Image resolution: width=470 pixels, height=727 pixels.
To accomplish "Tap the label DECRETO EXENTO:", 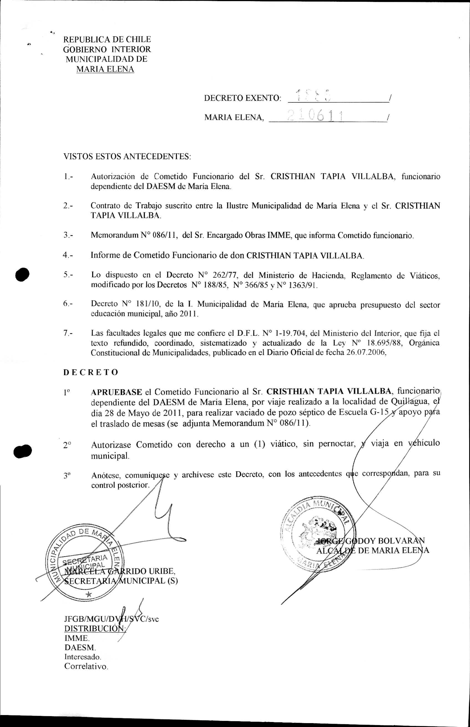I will click(242, 98).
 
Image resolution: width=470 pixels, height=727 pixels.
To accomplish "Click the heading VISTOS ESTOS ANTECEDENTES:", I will click(127, 156).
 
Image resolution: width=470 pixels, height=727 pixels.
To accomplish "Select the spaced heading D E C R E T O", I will click(91, 372).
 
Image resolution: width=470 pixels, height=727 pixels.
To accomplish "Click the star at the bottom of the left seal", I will click(89, 595).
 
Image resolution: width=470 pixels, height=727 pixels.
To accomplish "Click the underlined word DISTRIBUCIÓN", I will click(95, 629).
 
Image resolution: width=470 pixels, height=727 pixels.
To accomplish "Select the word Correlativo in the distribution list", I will click(86, 666).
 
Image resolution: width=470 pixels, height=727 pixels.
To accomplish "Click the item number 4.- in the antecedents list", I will click(68, 255).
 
